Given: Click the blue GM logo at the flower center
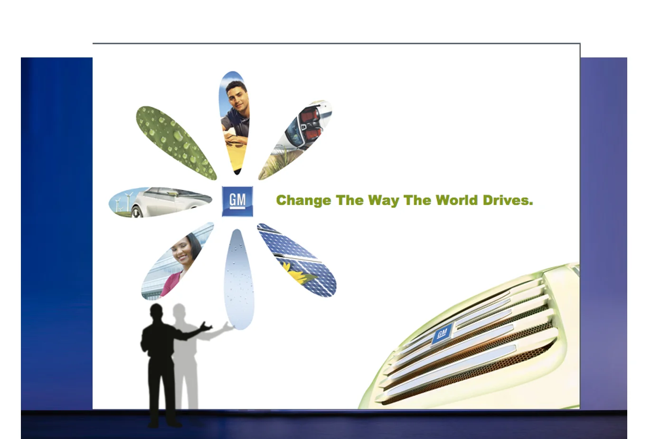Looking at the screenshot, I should pyautogui.click(x=237, y=201).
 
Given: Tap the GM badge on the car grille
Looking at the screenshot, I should pyautogui.click(x=442, y=334).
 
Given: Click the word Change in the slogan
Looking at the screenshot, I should pyautogui.click(x=303, y=201).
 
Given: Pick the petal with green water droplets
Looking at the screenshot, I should pyautogui.click(x=176, y=142).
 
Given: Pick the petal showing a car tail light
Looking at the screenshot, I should pyautogui.click(x=297, y=138).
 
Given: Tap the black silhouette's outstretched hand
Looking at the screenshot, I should pyautogui.click(x=206, y=327).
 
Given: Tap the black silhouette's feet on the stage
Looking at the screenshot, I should pyautogui.click(x=164, y=422).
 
